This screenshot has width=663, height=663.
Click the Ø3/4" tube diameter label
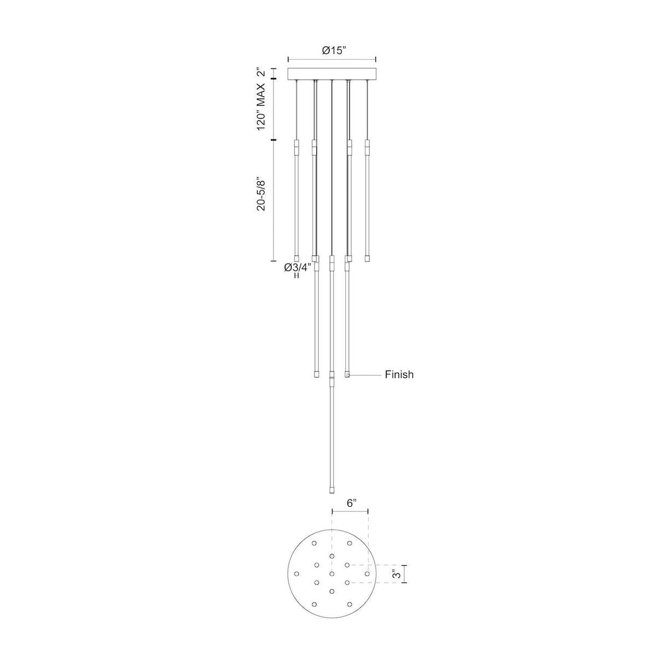pyautogui.click(x=297, y=267)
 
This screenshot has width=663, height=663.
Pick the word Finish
pyautogui.click(x=399, y=375)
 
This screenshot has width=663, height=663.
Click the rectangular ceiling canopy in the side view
pyautogui.click(x=332, y=73)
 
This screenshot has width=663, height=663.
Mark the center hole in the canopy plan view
pyautogui.click(x=331, y=574)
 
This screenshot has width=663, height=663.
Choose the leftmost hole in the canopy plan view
pyautogui.click(x=297, y=574)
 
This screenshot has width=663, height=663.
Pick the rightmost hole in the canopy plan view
pyautogui.click(x=368, y=574)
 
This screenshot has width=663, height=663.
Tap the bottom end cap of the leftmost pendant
pyautogui.click(x=297, y=258)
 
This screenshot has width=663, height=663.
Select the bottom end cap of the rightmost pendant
pyautogui.click(x=368, y=258)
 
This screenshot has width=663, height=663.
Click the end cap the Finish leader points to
pyautogui.click(x=347, y=375)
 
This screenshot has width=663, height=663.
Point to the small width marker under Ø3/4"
pyautogui.click(x=297, y=276)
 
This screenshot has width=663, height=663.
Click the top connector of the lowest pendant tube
pyautogui.click(x=331, y=377)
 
